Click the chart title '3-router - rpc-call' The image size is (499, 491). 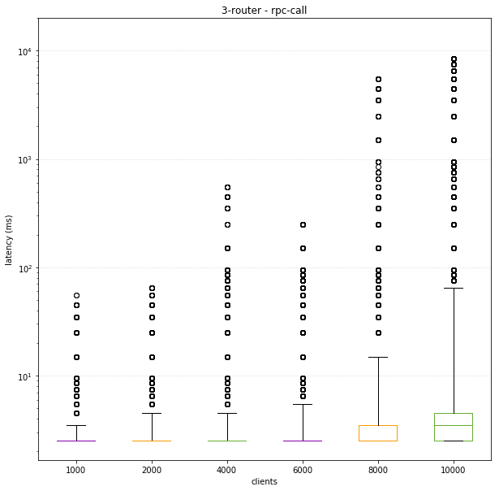point(264,11)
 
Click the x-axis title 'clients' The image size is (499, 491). point(264,481)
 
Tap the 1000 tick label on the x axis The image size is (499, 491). point(75,469)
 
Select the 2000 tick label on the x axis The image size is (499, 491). point(152,469)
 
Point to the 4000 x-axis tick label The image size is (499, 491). point(227,469)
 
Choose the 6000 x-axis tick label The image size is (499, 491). point(303,469)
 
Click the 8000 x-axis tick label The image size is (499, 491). point(378,469)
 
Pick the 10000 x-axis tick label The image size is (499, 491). point(454,469)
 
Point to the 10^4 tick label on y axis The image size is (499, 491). point(24,51)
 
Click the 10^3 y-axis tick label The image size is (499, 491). point(24,159)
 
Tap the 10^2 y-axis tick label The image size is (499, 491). point(24,268)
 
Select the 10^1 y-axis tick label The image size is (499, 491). point(24,376)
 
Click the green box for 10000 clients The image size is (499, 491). point(454,427)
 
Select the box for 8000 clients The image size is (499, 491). point(378,433)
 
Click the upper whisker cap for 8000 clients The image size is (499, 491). point(378,357)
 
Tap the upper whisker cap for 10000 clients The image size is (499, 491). point(454,288)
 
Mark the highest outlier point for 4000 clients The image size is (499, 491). point(227,187)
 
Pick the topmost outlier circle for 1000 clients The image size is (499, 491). point(75,295)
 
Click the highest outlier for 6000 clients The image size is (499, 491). point(303,224)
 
